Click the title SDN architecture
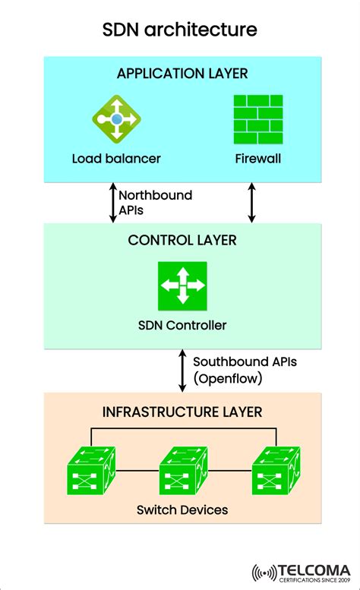(x=180, y=30)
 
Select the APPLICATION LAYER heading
(x=182, y=74)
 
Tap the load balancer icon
(x=116, y=119)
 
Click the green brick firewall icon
(x=258, y=119)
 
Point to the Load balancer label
(x=116, y=159)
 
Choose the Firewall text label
(x=258, y=159)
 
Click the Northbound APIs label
(x=155, y=202)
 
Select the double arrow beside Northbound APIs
(x=113, y=202)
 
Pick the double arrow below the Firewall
(x=252, y=202)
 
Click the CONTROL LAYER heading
(x=182, y=241)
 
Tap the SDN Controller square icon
(x=182, y=286)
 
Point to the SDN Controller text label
(x=182, y=326)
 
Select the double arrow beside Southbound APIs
(x=182, y=370)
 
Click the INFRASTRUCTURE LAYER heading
(x=182, y=412)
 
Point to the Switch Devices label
(x=182, y=510)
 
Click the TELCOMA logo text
(x=313, y=569)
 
